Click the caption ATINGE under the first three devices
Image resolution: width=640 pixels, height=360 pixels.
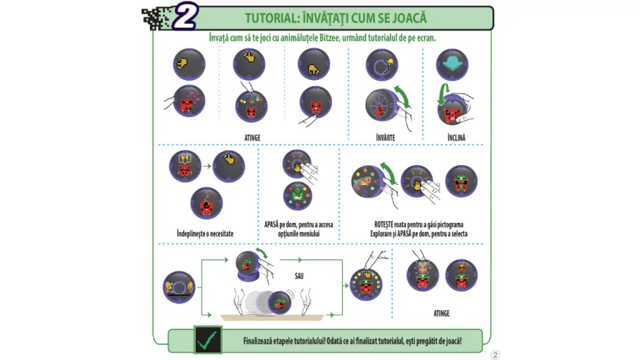click(252, 137)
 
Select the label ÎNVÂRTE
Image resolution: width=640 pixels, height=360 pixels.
click(386, 137)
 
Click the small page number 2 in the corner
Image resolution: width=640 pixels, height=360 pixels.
click(496, 355)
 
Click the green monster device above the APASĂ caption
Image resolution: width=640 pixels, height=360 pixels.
click(297, 196)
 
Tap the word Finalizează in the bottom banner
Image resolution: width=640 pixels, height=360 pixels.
click(262, 341)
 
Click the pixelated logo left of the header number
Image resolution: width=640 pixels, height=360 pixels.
click(156, 18)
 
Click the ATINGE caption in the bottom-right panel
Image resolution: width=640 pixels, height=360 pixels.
click(441, 313)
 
